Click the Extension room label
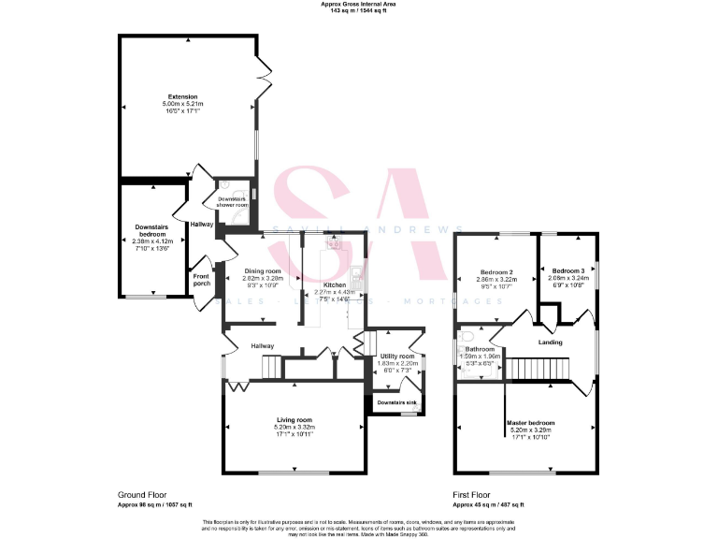[182, 96]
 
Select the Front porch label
[202, 279]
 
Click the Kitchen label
[335, 284]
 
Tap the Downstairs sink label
[397, 403]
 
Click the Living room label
[294, 420]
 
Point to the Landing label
[551, 342]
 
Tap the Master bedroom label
[530, 423]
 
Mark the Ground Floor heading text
[141, 494]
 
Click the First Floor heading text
[472, 494]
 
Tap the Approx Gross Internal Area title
[359, 5]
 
